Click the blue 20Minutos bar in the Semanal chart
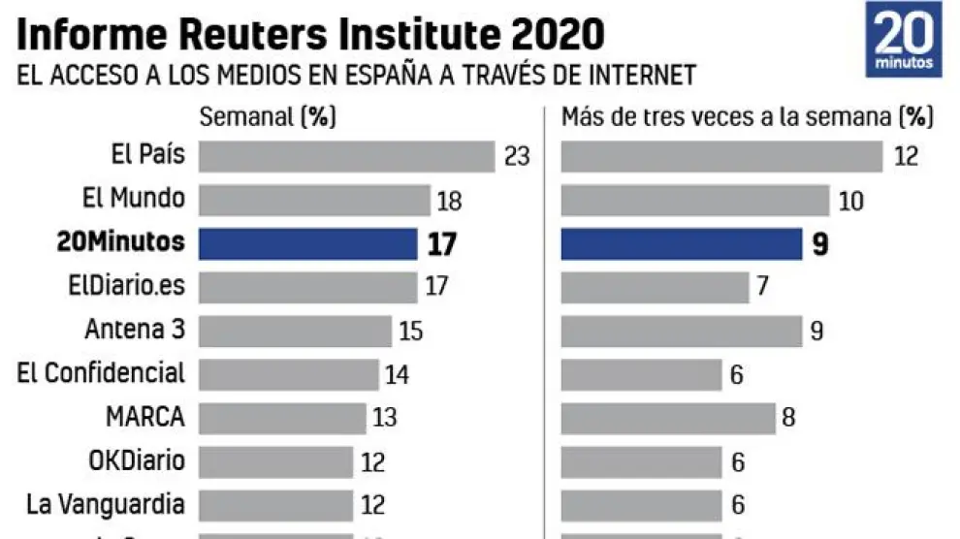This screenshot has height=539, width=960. pyautogui.click(x=307, y=243)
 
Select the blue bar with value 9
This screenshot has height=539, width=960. pyautogui.click(x=681, y=243)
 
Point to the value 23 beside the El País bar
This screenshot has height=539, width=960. pyautogui.click(x=517, y=156)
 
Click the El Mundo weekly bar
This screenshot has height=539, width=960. pyautogui.click(x=314, y=200)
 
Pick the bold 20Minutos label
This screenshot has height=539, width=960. pyautogui.click(x=121, y=241)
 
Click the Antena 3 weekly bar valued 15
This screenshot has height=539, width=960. pyautogui.click(x=295, y=331)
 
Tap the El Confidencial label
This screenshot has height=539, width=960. pyautogui.click(x=101, y=373)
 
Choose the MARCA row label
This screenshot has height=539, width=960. pyautogui.click(x=145, y=417)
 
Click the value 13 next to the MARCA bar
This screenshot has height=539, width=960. pyautogui.click(x=385, y=419)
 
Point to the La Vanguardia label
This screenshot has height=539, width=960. pyautogui.click(x=106, y=504)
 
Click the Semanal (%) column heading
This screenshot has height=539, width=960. pyautogui.click(x=267, y=117)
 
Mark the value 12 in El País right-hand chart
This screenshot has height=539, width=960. pyautogui.click(x=906, y=156)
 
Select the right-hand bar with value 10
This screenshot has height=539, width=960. pyautogui.click(x=695, y=200)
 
